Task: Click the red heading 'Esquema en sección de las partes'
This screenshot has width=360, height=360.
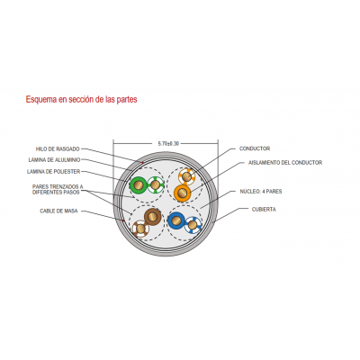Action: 81,99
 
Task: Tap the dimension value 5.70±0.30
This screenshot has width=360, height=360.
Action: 168,144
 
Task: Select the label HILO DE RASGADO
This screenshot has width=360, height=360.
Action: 58,148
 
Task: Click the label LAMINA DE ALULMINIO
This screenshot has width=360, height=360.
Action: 54,160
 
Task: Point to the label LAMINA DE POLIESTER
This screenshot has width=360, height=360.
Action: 53,172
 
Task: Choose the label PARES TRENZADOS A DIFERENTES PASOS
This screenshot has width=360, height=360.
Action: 58,190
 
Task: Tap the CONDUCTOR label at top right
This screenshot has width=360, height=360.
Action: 255,148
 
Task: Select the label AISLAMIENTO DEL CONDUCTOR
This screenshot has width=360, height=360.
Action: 285,163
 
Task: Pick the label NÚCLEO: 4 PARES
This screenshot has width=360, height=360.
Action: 261,192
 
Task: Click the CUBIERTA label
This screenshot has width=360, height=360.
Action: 264,210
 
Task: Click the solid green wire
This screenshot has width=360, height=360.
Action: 138,185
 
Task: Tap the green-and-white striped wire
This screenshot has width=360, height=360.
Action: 156,184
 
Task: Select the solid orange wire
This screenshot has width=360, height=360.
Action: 182,193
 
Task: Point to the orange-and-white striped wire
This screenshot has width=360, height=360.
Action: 187,176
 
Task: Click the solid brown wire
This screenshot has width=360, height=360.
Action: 153,216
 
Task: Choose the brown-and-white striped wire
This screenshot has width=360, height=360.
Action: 140,229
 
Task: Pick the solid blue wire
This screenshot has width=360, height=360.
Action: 176,220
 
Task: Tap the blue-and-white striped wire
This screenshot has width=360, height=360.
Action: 193,225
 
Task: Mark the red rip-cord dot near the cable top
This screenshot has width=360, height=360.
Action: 143,163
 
